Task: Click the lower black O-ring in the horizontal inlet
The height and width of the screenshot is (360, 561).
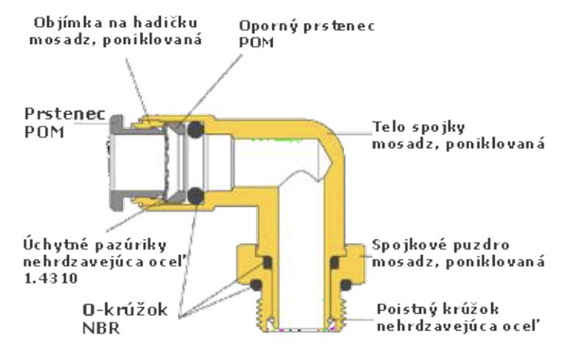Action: pyautogui.click(x=195, y=195)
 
